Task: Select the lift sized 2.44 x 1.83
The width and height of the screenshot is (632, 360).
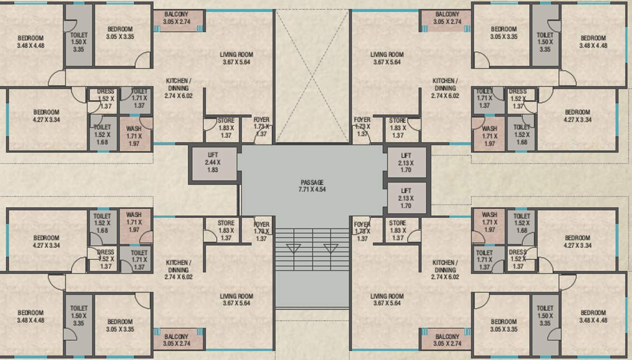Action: (x=212, y=162)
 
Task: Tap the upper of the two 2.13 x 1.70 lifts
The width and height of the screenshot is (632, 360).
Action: (x=405, y=162)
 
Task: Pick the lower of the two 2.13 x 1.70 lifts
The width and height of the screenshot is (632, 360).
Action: (x=405, y=198)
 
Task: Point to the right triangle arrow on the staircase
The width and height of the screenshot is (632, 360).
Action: (x=331, y=248)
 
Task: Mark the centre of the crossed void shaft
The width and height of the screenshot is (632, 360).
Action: (x=312, y=76)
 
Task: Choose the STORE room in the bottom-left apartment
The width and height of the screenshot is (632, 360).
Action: (x=226, y=230)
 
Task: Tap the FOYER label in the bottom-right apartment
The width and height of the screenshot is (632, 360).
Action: (x=362, y=231)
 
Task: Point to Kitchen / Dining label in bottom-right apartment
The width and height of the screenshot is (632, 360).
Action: (x=445, y=270)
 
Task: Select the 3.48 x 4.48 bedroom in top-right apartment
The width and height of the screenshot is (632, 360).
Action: (x=593, y=42)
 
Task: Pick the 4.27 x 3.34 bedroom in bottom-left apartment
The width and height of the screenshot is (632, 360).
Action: (x=46, y=241)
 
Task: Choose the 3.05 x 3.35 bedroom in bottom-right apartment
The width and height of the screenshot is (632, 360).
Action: (x=503, y=325)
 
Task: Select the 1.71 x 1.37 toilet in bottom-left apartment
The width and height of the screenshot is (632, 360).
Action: (x=139, y=260)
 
